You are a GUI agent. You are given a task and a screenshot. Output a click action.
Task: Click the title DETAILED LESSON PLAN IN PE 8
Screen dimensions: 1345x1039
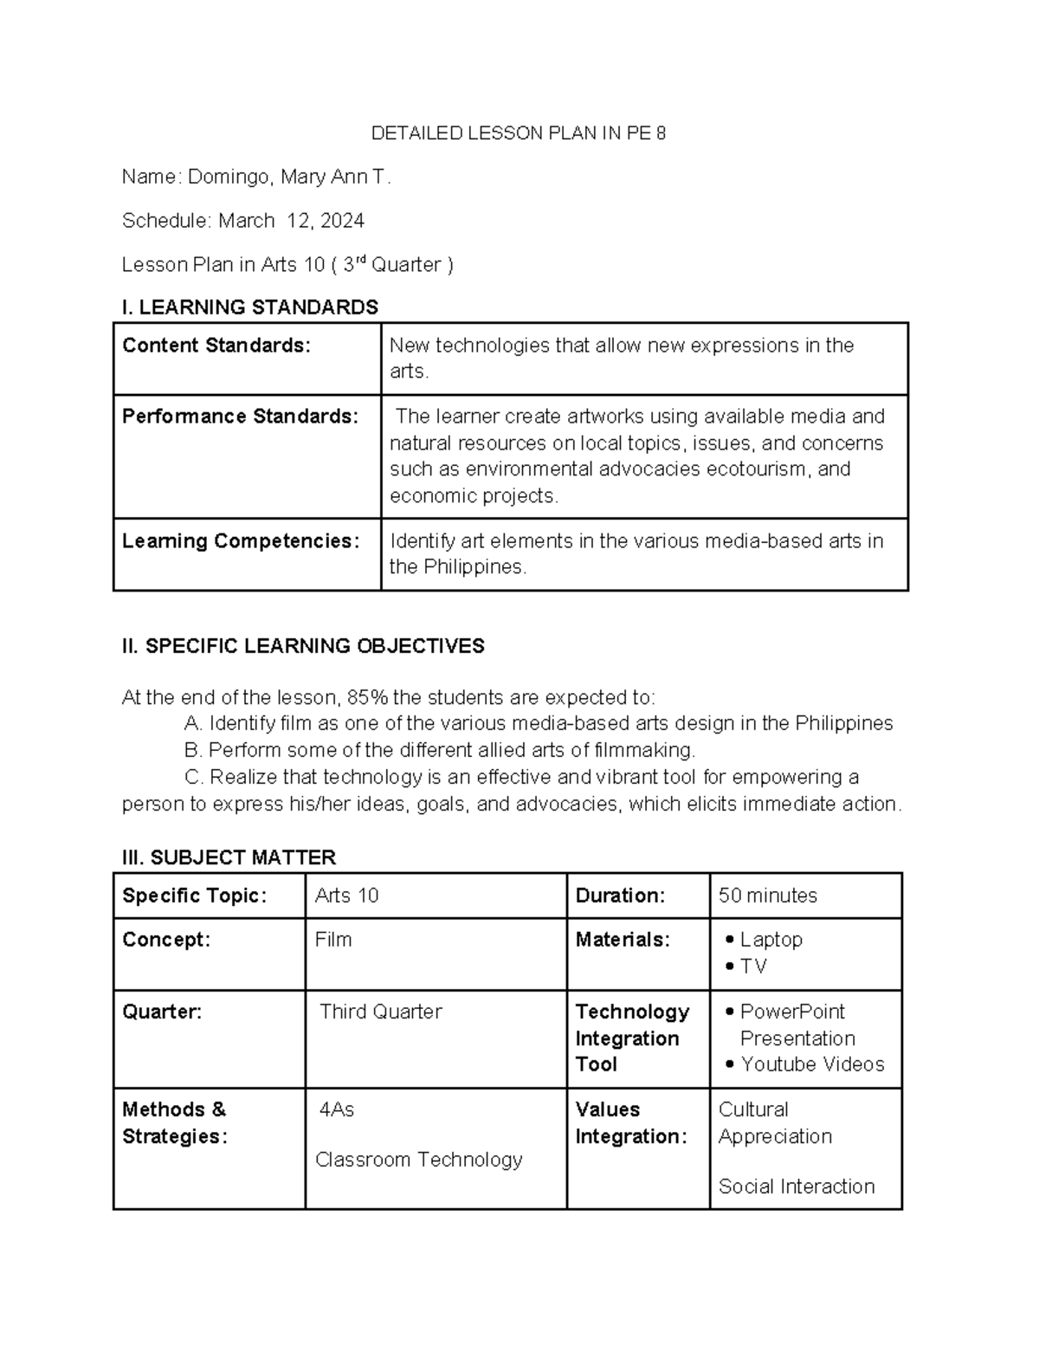(518, 133)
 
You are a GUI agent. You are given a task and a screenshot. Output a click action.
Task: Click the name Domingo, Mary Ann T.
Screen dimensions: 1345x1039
(289, 178)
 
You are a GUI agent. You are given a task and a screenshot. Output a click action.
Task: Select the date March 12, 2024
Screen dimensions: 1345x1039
(291, 221)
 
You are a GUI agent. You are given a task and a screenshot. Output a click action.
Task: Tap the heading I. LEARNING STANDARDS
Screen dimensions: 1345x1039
(250, 307)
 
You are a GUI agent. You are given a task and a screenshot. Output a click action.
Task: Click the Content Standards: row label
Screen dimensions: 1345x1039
(216, 346)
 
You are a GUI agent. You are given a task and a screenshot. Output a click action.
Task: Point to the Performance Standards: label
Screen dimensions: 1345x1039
(240, 417)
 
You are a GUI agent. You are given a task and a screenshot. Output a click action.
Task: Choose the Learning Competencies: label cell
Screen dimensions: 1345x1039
(241, 541)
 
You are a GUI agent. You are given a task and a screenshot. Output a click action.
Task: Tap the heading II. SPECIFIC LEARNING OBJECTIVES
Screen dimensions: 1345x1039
(303, 646)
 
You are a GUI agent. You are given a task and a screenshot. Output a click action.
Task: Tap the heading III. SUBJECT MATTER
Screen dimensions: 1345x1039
(229, 857)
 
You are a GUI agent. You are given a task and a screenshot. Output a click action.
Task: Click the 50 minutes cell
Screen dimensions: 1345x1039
(767, 896)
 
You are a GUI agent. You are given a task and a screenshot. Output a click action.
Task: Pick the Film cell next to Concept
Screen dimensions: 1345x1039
(333, 940)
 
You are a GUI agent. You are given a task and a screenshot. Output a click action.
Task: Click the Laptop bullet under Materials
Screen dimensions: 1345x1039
(771, 940)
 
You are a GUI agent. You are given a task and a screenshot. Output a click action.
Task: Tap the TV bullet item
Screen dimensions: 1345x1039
(752, 967)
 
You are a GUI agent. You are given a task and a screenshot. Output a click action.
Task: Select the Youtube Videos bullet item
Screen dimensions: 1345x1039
(811, 1064)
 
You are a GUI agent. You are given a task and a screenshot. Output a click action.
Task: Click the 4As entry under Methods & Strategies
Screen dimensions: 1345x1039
(337, 1110)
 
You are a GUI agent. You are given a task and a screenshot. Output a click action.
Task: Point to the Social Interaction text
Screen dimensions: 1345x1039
(796, 1187)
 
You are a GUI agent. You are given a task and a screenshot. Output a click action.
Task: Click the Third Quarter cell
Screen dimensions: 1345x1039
(380, 1012)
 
